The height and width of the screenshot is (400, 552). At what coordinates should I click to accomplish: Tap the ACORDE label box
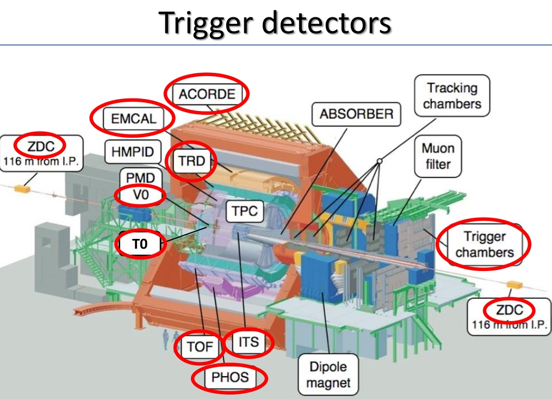coord(207,94)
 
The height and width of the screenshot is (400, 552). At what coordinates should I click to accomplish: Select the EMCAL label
coord(133,118)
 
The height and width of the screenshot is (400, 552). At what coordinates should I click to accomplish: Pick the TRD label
coord(190,160)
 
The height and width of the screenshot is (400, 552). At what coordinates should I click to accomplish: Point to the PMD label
coord(140,177)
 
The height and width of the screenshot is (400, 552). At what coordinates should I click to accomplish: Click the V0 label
coord(140,195)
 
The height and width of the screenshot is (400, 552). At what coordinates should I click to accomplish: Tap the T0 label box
coord(140,245)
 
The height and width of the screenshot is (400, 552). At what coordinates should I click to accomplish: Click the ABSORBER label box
coord(356,114)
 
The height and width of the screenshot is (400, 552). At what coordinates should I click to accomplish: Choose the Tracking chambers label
coord(452,96)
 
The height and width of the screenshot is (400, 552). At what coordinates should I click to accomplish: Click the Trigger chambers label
coord(484,244)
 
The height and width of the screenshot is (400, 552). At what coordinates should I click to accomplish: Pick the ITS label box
coord(248,343)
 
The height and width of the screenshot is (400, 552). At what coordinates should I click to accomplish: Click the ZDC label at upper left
coord(39,145)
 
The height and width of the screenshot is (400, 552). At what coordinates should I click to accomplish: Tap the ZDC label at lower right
coord(509,311)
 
